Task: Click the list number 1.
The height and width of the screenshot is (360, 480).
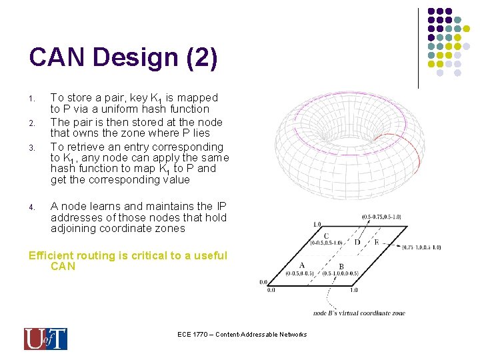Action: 32,99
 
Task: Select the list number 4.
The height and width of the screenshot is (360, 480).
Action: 32,207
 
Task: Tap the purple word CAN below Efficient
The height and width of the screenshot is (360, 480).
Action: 63,267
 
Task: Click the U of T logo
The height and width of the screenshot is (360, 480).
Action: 45,339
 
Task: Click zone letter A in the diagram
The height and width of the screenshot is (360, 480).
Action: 302,265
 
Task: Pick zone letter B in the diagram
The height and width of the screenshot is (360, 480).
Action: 341,267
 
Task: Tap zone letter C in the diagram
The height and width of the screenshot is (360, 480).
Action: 325,236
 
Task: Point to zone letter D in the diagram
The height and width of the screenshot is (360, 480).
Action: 357,242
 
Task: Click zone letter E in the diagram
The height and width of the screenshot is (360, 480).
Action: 377,242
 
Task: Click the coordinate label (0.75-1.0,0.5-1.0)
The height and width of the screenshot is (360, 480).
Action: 421,247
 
